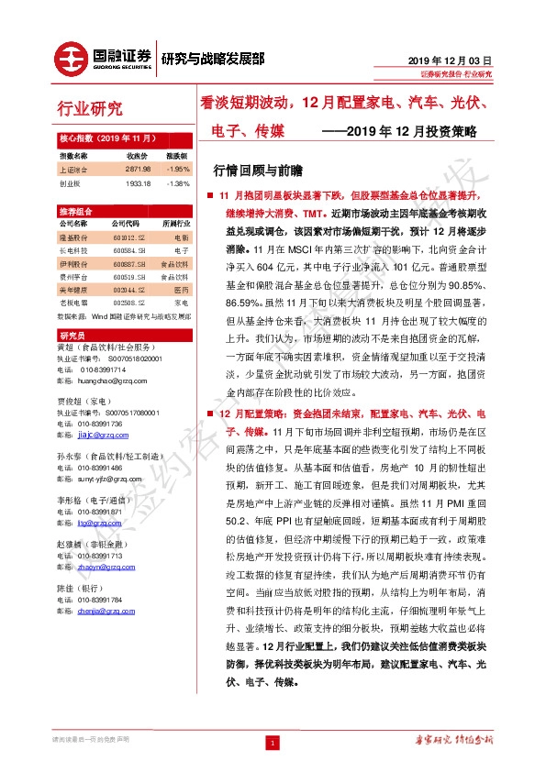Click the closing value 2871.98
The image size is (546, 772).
137,170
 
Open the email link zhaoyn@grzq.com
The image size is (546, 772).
98,566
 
